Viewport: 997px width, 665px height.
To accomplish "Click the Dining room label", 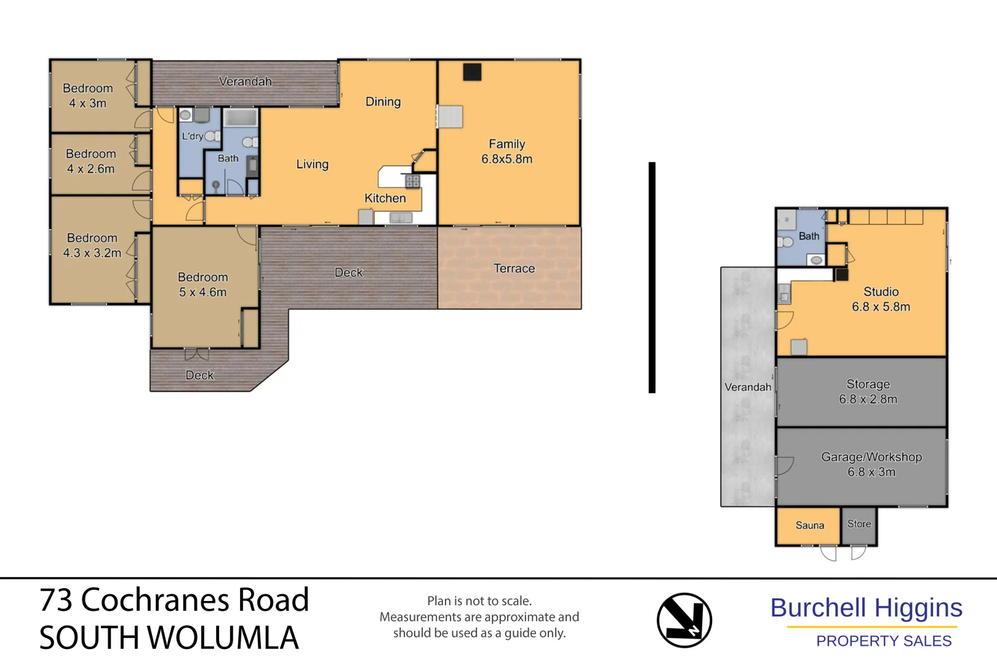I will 383,102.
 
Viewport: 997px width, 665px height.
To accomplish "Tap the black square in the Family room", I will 472,72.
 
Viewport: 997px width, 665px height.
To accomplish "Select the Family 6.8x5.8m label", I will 507,151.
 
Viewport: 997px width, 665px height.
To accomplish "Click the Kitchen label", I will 385,198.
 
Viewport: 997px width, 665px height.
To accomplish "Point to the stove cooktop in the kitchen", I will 412,181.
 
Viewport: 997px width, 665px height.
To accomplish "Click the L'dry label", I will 192,136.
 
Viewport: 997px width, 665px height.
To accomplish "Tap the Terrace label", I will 514,268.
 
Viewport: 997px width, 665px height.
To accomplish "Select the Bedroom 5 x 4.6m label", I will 202,284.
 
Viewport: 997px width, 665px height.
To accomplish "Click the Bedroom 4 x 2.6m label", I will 90,161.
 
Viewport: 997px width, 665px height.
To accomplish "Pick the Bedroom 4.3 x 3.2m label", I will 92,245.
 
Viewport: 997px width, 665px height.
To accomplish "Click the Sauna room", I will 809,526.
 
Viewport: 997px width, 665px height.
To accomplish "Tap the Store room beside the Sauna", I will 859,525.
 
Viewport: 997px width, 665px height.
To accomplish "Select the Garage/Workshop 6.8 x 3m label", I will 871,464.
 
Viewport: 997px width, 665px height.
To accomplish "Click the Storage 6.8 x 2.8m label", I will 868,392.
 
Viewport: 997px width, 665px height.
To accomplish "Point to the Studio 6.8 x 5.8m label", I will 881,299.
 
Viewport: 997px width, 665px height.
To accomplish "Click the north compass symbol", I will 684,620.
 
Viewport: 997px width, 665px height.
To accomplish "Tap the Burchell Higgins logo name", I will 866,608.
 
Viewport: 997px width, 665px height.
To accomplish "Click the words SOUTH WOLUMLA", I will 169,638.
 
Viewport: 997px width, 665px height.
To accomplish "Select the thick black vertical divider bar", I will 652,277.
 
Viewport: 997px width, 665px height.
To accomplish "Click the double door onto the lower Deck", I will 196,355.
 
